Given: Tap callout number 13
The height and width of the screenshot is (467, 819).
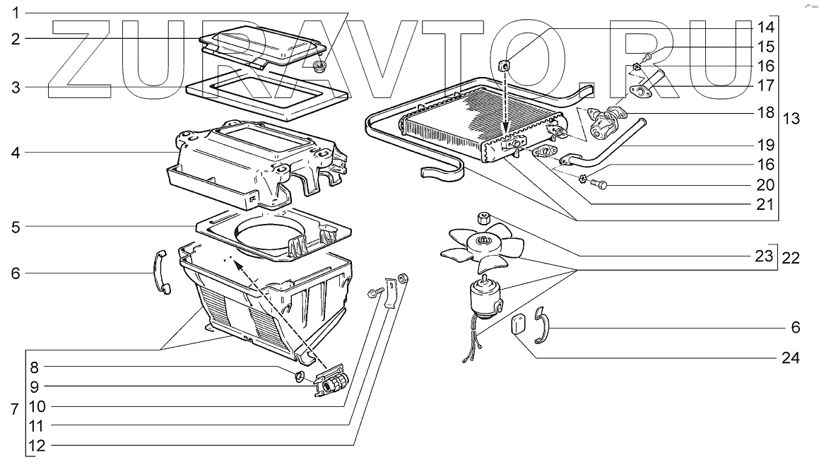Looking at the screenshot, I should coord(791,119).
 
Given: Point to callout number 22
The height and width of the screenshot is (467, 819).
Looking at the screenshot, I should coord(791,258).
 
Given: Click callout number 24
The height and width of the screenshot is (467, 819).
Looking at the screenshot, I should coord(791,358).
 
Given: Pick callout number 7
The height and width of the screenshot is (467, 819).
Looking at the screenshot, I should coord(14,410).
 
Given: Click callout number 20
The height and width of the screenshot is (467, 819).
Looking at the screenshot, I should coord(765,185).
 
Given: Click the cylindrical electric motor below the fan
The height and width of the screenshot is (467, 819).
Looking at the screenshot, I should coord(483,295).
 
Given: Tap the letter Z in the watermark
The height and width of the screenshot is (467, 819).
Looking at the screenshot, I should coord(85,57).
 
